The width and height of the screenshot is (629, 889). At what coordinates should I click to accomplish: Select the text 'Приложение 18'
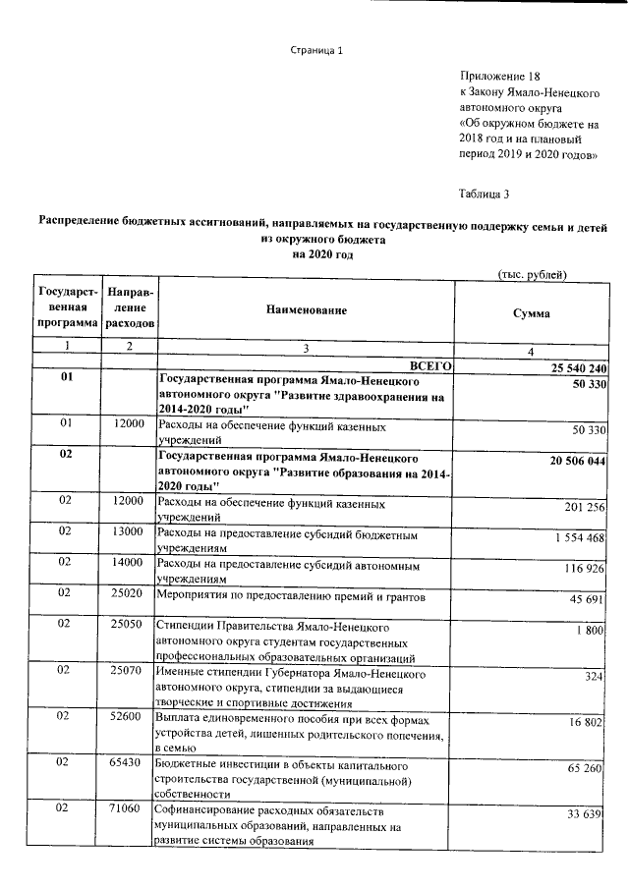499,76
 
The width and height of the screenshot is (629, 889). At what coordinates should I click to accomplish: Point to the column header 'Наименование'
306,309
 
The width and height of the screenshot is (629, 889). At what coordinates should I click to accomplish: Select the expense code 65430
128,763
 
